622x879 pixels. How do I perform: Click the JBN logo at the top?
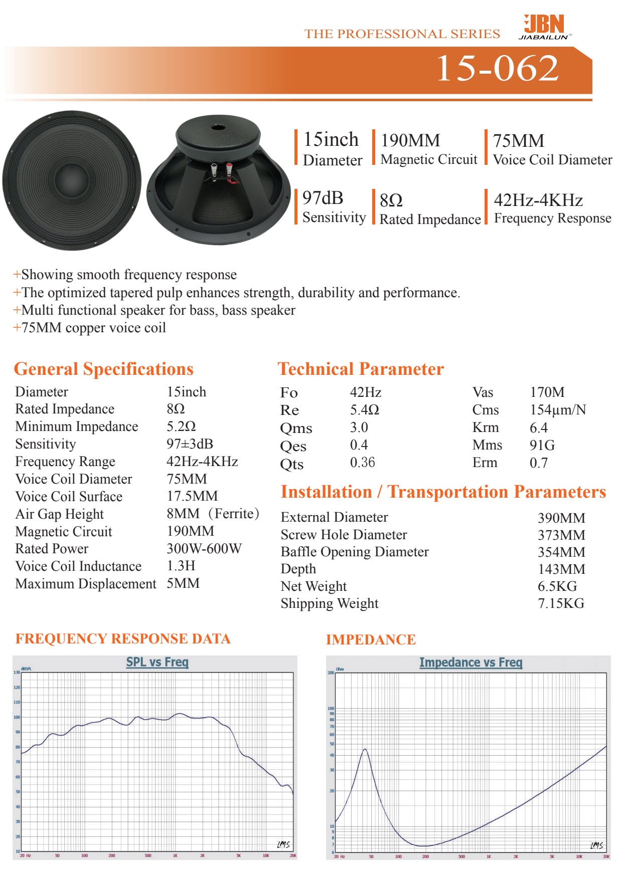(544, 27)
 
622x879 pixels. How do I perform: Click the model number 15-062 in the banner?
(497, 68)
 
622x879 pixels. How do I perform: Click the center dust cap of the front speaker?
(71, 179)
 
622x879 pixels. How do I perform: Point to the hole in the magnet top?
(219, 127)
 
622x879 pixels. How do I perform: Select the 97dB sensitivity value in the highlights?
(323, 198)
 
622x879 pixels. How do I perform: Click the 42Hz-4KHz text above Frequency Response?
(538, 200)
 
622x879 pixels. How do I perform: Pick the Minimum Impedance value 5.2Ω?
(181, 426)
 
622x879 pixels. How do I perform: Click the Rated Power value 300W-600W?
(204, 549)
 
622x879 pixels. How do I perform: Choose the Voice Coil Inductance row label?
(78, 566)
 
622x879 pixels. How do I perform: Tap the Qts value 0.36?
(362, 463)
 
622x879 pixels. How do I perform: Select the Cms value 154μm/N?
(558, 410)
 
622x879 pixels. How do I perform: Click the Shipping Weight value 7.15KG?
(561, 603)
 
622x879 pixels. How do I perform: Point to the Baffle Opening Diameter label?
(355, 552)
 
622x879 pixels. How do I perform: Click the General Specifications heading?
(103, 369)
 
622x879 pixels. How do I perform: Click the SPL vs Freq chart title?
(157, 662)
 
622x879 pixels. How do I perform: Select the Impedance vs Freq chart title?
(471, 663)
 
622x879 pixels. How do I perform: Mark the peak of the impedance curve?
(365, 749)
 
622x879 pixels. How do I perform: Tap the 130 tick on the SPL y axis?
(17, 673)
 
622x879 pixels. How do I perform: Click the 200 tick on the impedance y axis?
(331, 673)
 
